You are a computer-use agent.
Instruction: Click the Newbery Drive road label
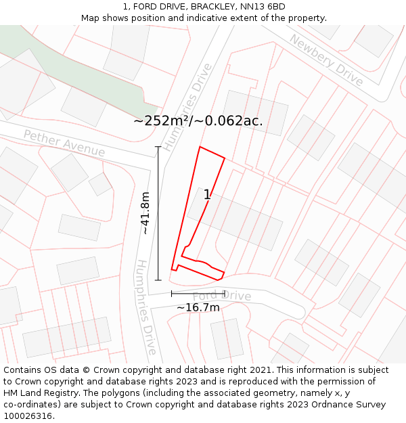click(326, 60)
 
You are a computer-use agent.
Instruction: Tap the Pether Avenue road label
click(64, 143)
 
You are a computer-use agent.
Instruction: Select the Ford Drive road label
click(222, 296)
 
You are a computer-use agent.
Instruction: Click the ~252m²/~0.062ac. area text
click(198, 121)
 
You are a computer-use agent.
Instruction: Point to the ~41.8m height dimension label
click(145, 213)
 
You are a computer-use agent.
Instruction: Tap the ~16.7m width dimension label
click(198, 307)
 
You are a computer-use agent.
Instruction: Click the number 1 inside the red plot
click(207, 195)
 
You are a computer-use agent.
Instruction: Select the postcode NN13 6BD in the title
click(261, 7)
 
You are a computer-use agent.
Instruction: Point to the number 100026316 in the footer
click(28, 416)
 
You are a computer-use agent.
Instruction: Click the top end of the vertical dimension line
click(158, 147)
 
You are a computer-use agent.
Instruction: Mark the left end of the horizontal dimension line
click(172, 293)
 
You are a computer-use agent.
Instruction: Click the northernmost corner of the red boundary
click(200, 146)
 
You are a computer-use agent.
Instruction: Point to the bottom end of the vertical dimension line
click(158, 280)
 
